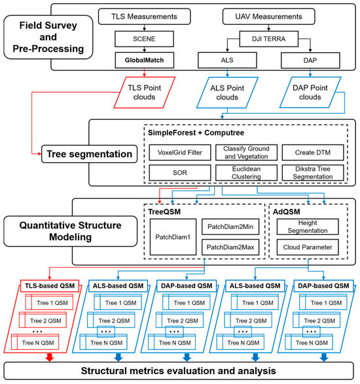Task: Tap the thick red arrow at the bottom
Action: pyautogui.click(x=48, y=357)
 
